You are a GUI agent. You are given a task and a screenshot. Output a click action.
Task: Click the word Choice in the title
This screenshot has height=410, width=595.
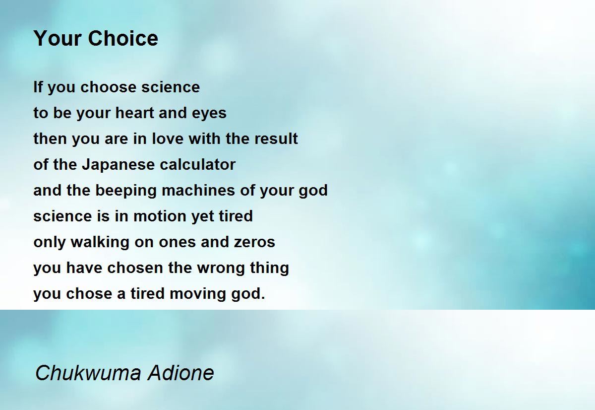123,38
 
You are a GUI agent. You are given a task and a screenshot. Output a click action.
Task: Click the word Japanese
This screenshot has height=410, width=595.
118,165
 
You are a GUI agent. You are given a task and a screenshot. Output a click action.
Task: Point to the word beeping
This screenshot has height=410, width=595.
125,191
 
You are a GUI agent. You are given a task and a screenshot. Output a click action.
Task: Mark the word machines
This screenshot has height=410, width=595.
198,190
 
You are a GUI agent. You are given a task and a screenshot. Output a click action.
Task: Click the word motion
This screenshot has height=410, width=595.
160,216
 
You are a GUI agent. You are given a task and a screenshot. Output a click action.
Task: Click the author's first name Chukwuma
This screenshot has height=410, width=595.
88,373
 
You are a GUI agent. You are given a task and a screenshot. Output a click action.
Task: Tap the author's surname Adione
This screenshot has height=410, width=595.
181,373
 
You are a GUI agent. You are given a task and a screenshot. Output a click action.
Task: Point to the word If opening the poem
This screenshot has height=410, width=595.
38,87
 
